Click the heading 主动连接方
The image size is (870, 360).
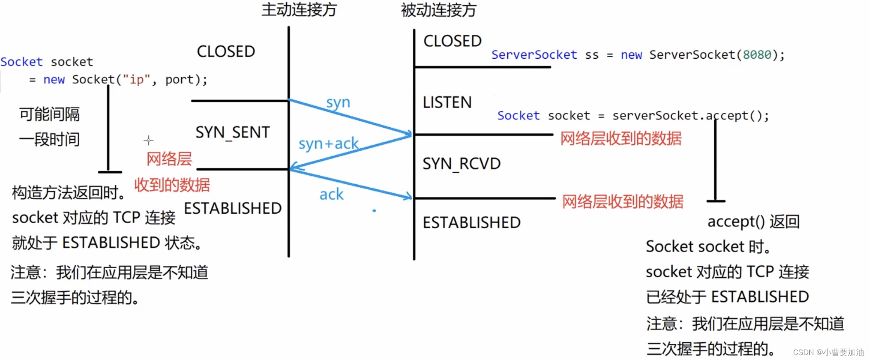pos(299,10)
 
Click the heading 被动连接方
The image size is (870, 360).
pos(439,10)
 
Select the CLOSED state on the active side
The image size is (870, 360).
pos(226,52)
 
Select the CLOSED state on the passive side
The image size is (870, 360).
pos(452,41)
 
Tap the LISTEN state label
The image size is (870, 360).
pos(447,102)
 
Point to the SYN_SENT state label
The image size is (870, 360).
pos(233,132)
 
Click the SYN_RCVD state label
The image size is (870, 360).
pos(461,164)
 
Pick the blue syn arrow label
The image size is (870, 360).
pos(338,102)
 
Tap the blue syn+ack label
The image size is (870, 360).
pos(328,143)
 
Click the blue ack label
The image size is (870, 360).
pos(331,194)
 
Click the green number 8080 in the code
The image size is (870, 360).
pos(757,55)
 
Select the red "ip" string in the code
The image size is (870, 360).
pos(136,79)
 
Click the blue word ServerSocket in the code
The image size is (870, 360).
pos(534,55)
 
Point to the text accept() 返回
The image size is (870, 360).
pos(754,222)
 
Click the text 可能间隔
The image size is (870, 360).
pos(50,114)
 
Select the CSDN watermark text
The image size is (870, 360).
pos(828,352)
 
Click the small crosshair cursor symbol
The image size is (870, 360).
pos(148,140)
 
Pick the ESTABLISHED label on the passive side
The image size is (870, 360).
pos(471,223)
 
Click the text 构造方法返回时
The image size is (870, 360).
pos(68,193)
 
